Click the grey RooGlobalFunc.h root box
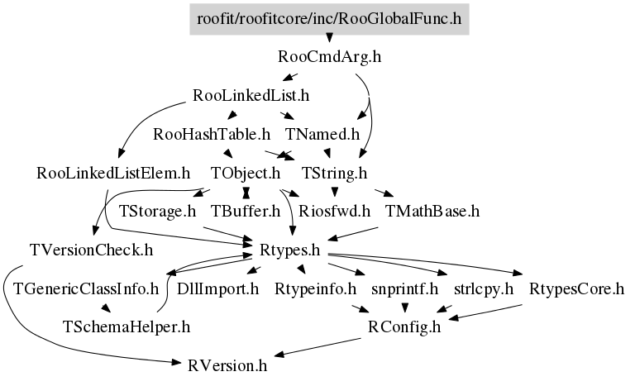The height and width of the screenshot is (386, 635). (x=329, y=18)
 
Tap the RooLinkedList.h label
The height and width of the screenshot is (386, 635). (x=251, y=96)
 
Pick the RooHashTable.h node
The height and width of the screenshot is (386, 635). (x=212, y=134)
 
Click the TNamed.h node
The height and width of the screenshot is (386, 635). (x=322, y=134)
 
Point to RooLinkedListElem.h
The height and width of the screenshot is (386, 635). (x=114, y=174)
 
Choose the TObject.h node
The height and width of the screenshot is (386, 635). (x=246, y=174)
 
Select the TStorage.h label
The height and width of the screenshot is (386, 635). (x=157, y=212)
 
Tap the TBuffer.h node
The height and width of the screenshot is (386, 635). (x=246, y=212)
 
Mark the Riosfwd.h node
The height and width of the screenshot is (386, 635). (x=334, y=212)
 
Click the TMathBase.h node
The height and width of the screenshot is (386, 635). (x=432, y=212)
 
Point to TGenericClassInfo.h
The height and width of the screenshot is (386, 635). (x=85, y=289)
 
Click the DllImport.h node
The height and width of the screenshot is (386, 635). (x=218, y=289)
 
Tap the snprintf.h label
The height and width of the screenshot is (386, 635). (x=404, y=289)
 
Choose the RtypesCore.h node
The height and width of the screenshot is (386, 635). (x=575, y=289)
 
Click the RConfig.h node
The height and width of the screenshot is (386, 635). (x=404, y=327)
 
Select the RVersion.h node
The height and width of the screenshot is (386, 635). (x=227, y=366)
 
